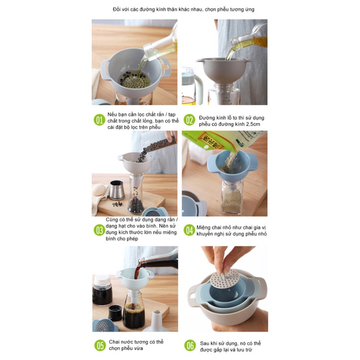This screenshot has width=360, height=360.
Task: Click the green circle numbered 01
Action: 100,120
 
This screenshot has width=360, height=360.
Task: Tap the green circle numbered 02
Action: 189,120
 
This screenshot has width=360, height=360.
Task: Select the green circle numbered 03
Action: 100,230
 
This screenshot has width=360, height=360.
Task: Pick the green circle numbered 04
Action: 189,230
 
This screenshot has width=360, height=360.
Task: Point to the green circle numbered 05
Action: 100,346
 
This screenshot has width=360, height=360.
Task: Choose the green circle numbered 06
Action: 190,346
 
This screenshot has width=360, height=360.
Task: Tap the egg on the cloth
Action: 98,190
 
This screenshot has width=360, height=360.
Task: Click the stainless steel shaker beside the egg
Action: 117,190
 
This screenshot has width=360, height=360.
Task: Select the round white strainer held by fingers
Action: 223,280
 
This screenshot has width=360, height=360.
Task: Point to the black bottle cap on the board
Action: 115,312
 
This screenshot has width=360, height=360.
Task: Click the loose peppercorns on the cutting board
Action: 117,204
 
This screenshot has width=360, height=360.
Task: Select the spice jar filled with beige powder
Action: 232,197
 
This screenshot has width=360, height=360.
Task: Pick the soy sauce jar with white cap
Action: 102,290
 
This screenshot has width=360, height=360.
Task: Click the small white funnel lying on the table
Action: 156,322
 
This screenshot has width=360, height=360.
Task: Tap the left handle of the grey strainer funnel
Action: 104,69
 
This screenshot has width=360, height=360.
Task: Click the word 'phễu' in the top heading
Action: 223,9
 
